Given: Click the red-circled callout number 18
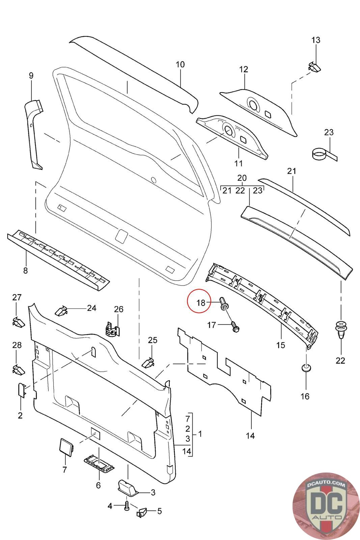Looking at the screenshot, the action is (x=201, y=302).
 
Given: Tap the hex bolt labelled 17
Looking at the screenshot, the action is (x=235, y=326).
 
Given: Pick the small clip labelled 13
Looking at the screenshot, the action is (x=314, y=66).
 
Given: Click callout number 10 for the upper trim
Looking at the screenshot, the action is (x=180, y=64).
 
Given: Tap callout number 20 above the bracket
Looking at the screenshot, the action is (x=242, y=178).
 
